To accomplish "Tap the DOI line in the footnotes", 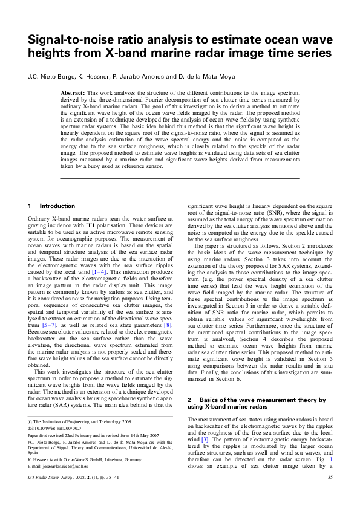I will coord(51,428).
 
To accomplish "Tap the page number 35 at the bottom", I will coord(330,494).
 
